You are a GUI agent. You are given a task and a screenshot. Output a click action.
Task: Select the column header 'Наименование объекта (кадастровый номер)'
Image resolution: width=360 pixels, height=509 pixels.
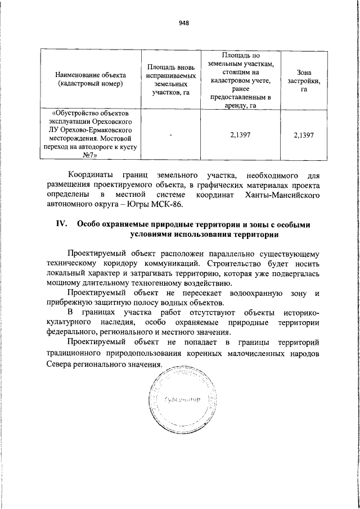(90, 79)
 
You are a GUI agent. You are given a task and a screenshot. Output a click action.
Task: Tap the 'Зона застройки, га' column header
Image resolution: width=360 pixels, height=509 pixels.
(303, 80)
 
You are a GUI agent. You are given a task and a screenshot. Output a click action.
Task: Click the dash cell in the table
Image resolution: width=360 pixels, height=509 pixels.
(170, 135)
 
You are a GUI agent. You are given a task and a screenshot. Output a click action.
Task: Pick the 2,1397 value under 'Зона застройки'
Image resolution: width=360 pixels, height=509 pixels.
(303, 135)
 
